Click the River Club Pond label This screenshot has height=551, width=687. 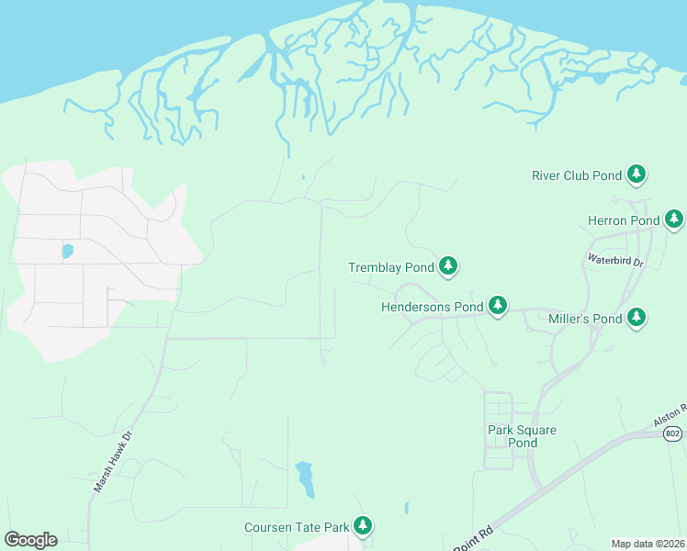(578, 174)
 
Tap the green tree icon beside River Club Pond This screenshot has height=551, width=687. (636, 174)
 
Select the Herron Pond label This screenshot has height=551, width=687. (624, 220)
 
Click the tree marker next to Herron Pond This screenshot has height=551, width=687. (674, 219)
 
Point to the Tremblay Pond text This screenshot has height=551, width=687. (390, 268)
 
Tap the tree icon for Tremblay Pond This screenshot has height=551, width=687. (447, 266)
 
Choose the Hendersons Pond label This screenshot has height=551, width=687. (432, 307)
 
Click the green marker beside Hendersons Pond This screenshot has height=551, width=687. (497, 304)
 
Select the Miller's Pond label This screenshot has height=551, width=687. (585, 319)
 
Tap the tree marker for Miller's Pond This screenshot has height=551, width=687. (636, 318)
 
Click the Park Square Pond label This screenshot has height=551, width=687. (523, 436)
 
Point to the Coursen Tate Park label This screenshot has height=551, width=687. (297, 527)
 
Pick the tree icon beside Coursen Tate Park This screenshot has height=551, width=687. (364, 525)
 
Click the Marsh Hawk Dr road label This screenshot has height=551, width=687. (113, 462)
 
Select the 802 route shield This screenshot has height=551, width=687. (673, 433)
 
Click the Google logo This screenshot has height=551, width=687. (30, 539)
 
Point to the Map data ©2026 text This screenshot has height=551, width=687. (648, 544)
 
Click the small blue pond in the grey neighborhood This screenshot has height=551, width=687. (67, 250)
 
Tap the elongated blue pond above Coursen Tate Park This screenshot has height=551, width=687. (304, 478)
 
